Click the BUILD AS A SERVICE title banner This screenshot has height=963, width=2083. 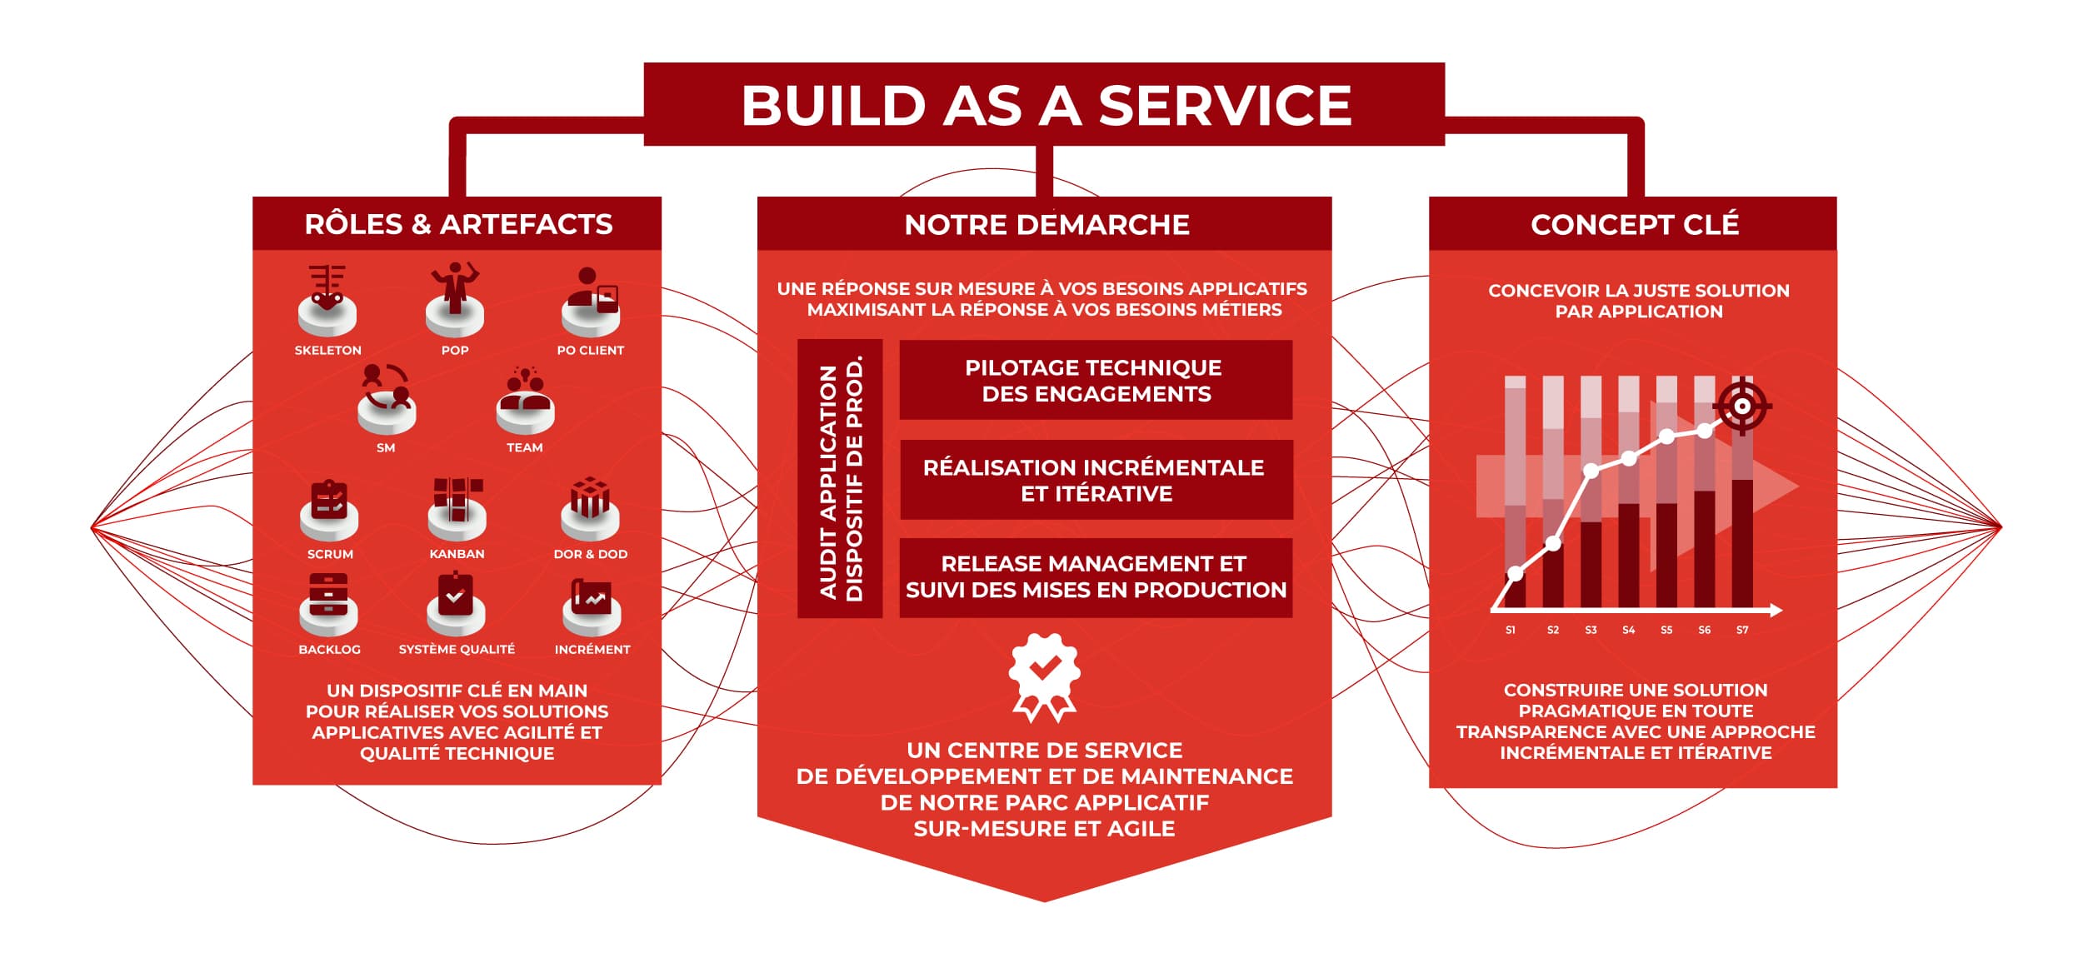1044,104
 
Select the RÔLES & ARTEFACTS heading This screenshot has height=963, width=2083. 458,224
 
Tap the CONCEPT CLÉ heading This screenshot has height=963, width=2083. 1635,224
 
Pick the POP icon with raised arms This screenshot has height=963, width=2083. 455,299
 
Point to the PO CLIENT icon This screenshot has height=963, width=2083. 591,301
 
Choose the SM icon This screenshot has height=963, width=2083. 387,399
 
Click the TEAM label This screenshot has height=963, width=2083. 525,448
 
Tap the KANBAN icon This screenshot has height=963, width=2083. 457,509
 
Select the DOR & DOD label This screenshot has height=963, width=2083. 591,554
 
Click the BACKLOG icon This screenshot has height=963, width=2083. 328,605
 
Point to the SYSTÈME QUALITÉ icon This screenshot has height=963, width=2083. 456,603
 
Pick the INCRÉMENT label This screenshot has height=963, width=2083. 592,650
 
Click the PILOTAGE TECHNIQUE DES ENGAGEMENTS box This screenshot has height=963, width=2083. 1096,380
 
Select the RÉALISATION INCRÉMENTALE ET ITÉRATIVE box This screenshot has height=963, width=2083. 1096,480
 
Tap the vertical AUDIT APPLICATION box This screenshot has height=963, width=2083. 840,478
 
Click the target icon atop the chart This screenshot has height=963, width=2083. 1742,407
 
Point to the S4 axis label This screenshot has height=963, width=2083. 1629,631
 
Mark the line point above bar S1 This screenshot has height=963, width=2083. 1516,573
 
